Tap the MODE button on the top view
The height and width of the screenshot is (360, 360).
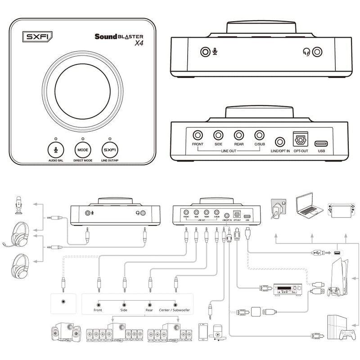(x=82, y=149)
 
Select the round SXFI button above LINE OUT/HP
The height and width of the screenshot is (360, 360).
(x=109, y=149)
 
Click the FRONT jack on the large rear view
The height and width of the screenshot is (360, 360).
(x=198, y=135)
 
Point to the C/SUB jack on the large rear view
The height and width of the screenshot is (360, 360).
(x=259, y=135)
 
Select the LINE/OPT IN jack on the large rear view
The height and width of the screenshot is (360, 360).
(x=281, y=143)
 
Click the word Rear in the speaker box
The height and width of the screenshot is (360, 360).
(x=149, y=310)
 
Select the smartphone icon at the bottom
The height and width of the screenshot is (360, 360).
(x=202, y=332)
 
